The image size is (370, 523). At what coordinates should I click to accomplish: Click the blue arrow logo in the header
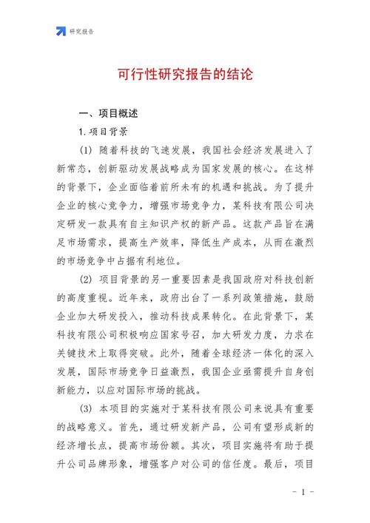pyautogui.click(x=61, y=31)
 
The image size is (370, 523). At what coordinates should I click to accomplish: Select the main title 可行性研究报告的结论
pyautogui.click(x=185, y=75)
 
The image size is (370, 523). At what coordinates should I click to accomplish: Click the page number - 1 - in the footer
pyautogui.click(x=303, y=493)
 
